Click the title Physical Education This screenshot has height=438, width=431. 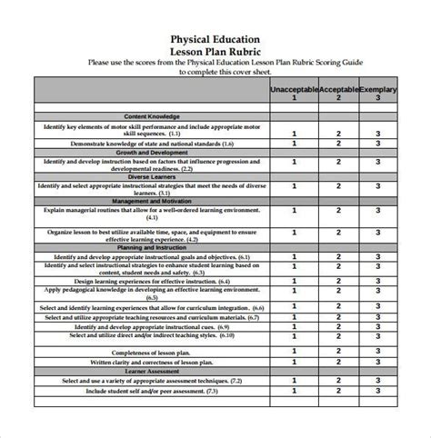point(215,39)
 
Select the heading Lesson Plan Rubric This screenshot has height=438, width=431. point(215,52)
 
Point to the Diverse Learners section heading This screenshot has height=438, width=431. point(152,175)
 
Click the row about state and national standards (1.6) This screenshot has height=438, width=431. point(152,143)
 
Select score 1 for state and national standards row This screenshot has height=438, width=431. point(294,143)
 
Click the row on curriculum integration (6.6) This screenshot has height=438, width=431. point(152,308)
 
